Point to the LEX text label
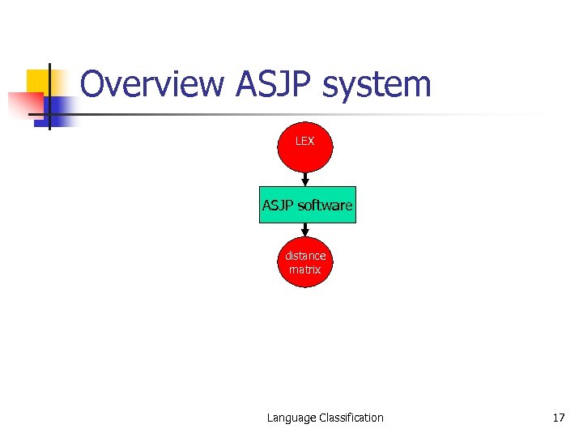305,141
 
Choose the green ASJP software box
307,206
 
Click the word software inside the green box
325,206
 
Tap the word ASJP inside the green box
278,206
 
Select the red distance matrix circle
305,263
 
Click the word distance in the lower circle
305,256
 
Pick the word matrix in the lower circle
305,269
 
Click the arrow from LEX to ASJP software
305,180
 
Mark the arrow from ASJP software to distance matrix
305,231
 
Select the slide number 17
558,418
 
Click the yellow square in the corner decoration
37,81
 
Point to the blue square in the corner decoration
62,109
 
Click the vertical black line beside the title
49,97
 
